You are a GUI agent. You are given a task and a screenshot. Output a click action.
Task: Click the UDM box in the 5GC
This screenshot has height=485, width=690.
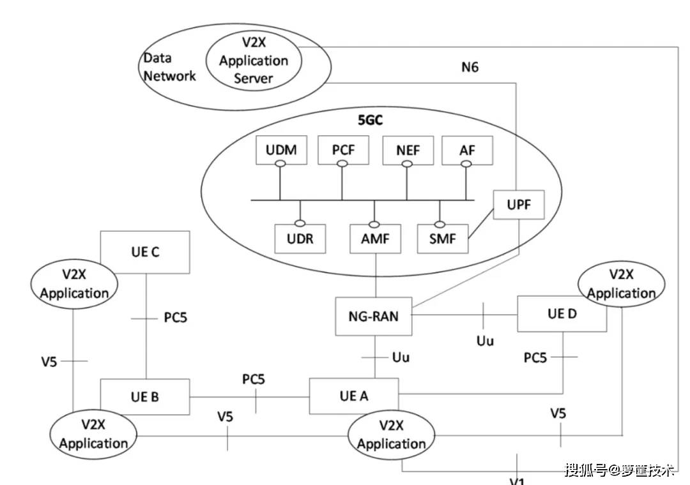coord(280,151)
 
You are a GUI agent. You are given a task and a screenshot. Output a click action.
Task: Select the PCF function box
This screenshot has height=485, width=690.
coord(342,151)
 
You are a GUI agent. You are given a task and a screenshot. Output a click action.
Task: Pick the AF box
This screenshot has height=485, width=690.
coord(467,151)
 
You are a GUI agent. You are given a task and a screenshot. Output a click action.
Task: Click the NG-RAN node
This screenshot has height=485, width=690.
coord(374,315)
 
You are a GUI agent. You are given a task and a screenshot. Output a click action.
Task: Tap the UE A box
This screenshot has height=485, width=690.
coord(353,396)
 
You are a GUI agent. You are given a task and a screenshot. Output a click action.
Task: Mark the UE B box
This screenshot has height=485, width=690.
coord(145,396)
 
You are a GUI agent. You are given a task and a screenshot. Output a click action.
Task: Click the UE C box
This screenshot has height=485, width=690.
coord(145,252)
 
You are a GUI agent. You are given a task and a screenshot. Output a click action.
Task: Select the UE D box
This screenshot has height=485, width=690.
coord(562,313)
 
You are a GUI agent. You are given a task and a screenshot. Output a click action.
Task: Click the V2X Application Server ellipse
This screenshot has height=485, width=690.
coord(254,61)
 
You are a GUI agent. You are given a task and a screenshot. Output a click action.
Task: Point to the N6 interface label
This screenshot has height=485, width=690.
coord(470,66)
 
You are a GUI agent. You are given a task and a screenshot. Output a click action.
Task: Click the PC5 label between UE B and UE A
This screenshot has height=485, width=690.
coord(253,379)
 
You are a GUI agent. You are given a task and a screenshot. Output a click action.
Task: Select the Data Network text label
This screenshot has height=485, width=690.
coord(169,67)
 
